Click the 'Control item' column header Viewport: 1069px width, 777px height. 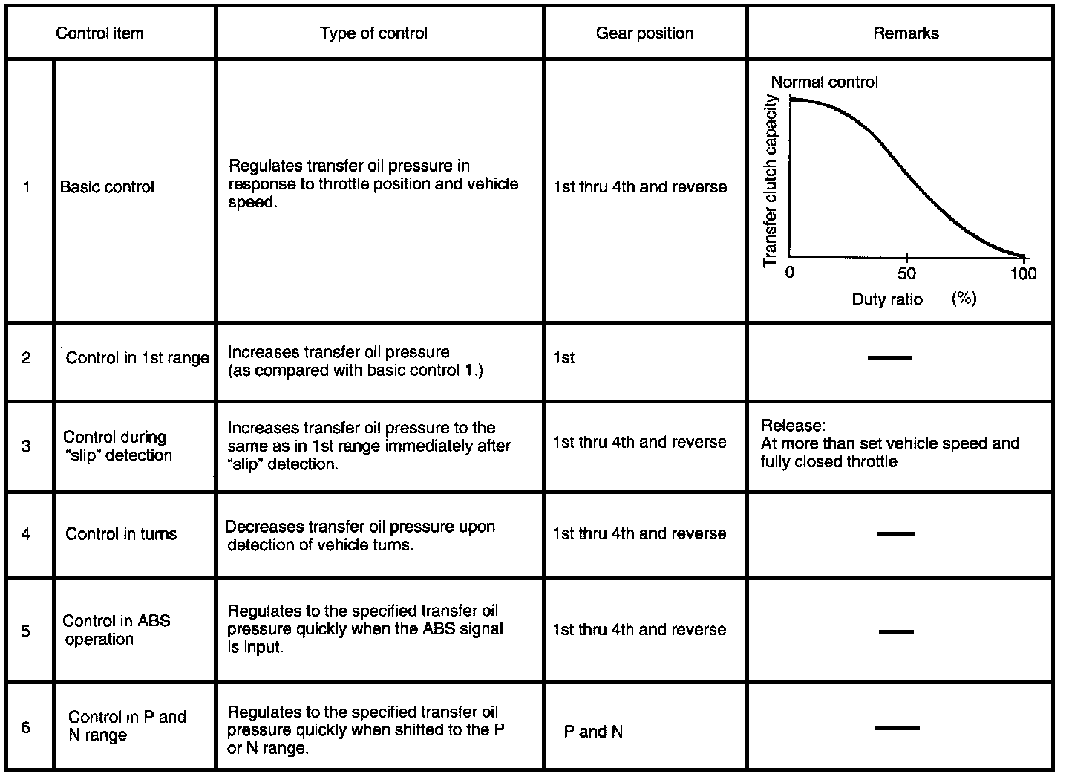pos(100,33)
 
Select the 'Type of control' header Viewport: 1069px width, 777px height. pos(373,33)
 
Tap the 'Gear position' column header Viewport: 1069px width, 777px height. pos(644,33)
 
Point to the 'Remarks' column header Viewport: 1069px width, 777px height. pos(906,33)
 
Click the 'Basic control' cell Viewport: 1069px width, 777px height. pos(107,187)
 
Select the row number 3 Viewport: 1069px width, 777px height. pos(27,446)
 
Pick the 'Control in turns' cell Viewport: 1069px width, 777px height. pos(121,534)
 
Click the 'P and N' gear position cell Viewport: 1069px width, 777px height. pos(593,732)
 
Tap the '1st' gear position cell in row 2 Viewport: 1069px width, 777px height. pos(564,358)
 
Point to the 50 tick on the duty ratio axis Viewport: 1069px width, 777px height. pos(906,273)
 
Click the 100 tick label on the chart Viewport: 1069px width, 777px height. pos(1023,273)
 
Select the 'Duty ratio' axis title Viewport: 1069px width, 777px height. pos(887,299)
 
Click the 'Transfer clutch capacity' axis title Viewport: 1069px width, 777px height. pos(771,181)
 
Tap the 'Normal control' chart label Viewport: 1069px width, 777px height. pos(824,82)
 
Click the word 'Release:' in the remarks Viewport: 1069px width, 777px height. pos(793,426)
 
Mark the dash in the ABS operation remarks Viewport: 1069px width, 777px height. pos(896,631)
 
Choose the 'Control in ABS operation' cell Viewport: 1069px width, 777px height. pos(116,630)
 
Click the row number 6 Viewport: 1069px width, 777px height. pos(26,726)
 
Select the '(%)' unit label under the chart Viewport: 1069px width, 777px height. pos(964,299)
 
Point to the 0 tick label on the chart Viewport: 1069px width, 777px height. pos(790,273)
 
